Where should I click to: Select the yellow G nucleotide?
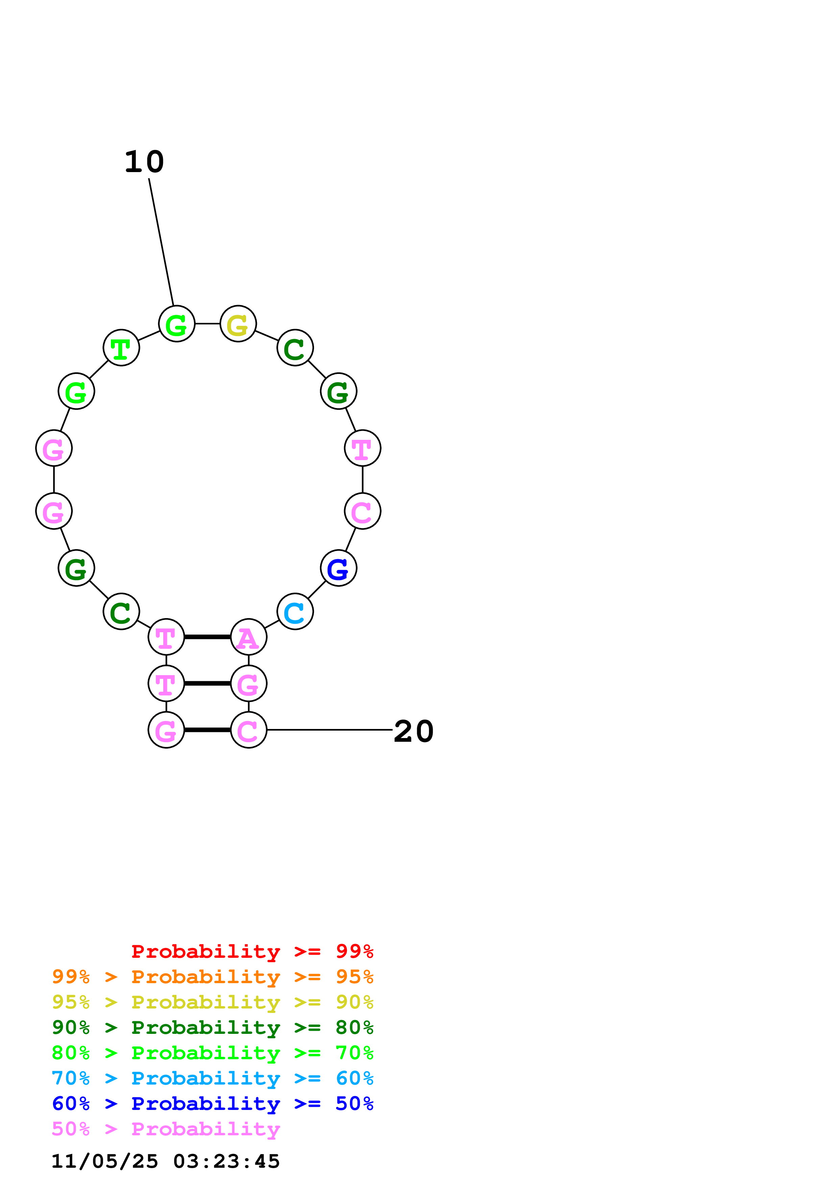tap(238, 324)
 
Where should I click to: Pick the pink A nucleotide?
tap(248, 637)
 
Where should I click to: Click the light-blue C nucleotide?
tap(295, 612)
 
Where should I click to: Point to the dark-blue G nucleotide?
tap(338, 568)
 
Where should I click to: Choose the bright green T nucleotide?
tap(121, 348)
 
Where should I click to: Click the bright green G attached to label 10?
tap(176, 324)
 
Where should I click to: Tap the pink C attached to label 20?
tap(248, 730)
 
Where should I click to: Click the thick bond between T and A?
tap(207, 637)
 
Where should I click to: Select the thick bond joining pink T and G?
tap(207, 683)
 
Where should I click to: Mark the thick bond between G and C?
tap(207, 730)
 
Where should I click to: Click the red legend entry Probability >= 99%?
tap(252, 951)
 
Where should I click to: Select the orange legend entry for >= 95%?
tap(212, 977)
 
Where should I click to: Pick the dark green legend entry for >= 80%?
tap(212, 1027)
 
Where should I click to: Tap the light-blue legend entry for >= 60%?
tap(212, 1078)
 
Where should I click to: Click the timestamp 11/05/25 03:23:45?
tap(165, 1161)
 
